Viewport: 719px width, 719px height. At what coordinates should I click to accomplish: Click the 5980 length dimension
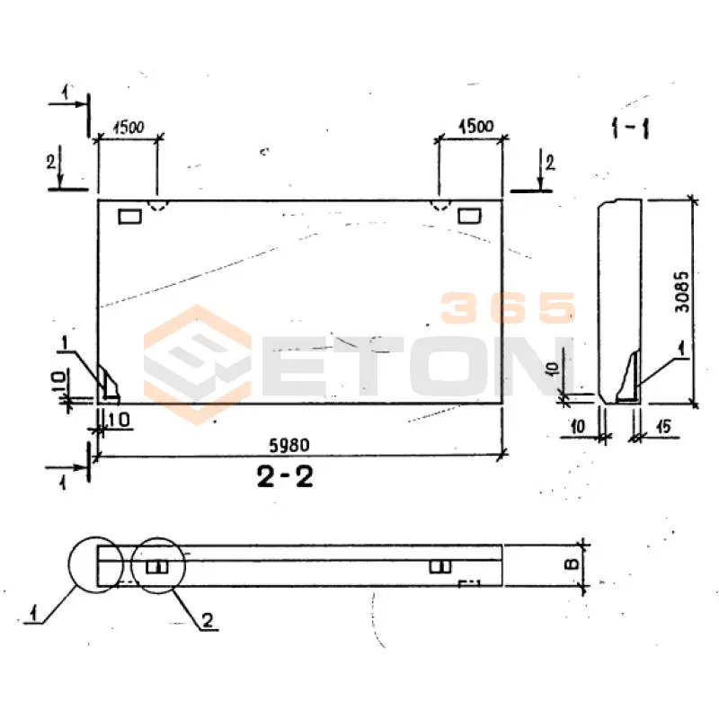point(288,445)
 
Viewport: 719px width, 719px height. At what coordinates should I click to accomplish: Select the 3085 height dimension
point(682,292)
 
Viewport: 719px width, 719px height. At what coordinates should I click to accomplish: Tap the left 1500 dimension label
point(129,127)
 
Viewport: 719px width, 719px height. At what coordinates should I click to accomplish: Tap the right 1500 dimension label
point(476,126)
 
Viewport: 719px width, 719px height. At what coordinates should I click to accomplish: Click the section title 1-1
point(630,128)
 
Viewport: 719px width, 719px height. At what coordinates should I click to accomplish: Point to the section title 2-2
point(285,476)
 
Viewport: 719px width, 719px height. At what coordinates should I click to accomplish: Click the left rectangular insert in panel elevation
point(130,216)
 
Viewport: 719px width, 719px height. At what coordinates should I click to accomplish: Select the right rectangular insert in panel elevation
point(469,215)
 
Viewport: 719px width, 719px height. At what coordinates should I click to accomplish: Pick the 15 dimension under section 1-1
point(663,428)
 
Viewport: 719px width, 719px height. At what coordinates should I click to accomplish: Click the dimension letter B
point(572,564)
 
